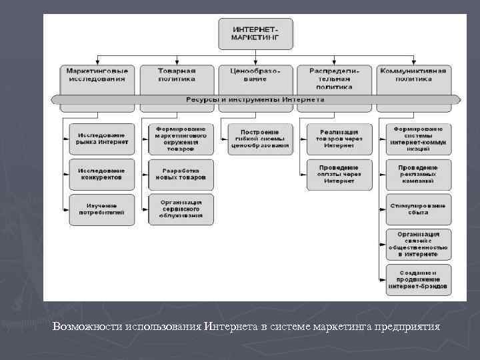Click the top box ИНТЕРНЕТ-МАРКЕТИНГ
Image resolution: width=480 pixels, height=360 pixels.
255,34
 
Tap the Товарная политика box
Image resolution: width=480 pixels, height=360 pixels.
177,75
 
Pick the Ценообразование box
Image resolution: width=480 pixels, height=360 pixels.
255,75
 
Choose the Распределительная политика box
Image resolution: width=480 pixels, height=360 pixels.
334,77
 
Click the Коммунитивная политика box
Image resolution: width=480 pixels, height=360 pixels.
414,75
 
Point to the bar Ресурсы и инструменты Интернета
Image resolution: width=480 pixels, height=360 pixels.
255,99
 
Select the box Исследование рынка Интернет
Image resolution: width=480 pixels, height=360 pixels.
102,139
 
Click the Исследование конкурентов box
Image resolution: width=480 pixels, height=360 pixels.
102,174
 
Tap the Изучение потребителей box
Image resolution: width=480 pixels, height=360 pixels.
102,209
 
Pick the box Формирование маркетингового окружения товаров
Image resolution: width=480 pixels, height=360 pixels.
181,139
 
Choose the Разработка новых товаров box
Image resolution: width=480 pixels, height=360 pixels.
181,174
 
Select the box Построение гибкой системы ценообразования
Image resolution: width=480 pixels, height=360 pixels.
260,139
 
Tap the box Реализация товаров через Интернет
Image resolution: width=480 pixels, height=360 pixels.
339,139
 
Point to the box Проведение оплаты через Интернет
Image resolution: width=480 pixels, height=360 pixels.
339,174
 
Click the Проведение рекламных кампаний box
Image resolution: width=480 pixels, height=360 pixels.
418,174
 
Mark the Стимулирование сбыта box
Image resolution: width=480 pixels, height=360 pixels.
418,209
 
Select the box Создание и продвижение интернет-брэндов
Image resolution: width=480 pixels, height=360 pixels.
418,281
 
